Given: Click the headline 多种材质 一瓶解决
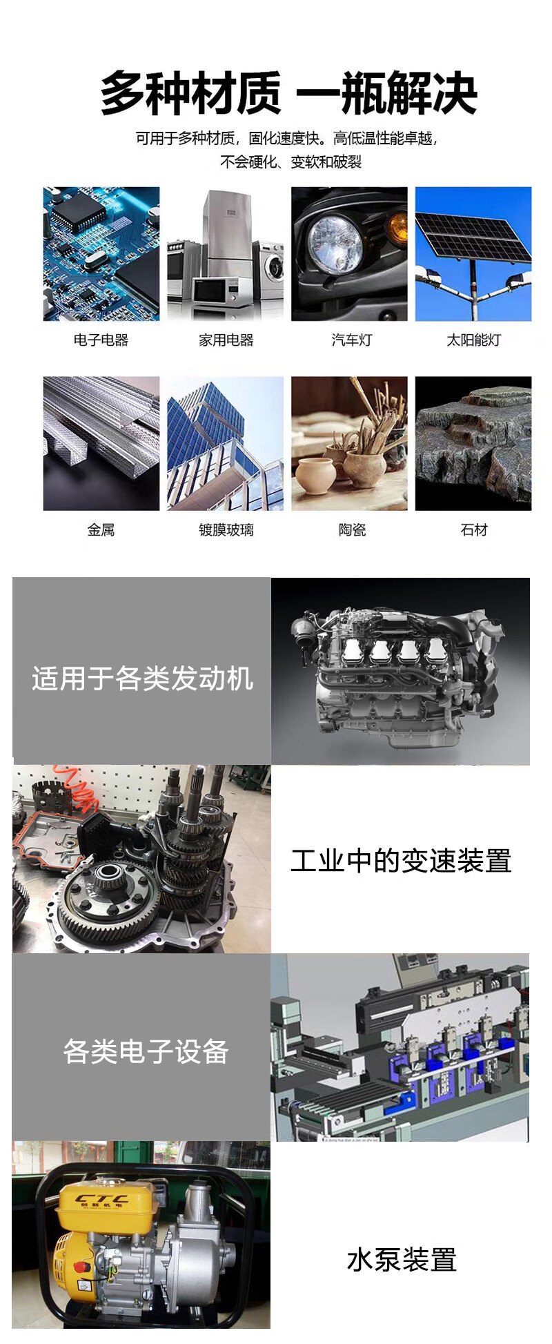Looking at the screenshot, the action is tap(289, 93).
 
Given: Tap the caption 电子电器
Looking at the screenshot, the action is tap(101, 340).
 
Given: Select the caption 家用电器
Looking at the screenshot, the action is tap(226, 340).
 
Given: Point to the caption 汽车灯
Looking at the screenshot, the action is tap(352, 340).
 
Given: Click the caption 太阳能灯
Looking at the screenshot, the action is tap(473, 340).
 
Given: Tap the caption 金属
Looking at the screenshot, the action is tap(101, 529).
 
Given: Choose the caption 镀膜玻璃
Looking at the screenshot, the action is tap(226, 529).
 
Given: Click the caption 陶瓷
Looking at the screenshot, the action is tap(352, 529).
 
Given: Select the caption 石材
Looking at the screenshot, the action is tap(473, 529).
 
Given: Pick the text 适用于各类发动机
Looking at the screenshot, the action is tap(142, 679).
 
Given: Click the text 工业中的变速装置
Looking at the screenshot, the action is tap(401, 861).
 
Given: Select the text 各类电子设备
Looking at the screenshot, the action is tap(146, 1051).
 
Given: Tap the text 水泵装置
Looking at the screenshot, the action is tap(402, 1260).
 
